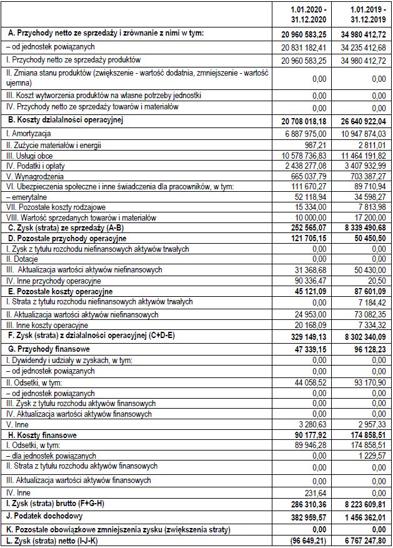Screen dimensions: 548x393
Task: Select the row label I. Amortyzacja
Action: coord(29,133)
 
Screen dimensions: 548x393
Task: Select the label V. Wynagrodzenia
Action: coord(32,176)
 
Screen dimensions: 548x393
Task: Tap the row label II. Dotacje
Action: coord(21,259)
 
